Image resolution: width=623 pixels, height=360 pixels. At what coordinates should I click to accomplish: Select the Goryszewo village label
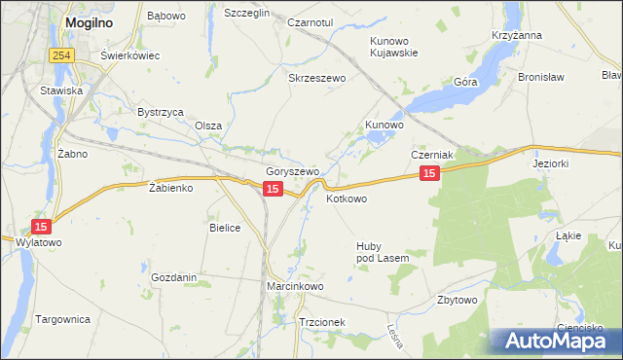tap(293, 171)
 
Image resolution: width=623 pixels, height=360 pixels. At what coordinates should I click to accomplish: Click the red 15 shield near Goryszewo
tap(273, 189)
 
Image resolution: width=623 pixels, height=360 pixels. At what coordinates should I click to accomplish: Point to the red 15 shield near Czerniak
tap(430, 172)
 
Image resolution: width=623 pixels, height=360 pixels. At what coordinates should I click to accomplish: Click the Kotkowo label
tap(347, 198)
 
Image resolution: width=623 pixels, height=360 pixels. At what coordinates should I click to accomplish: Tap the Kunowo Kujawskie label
tap(394, 47)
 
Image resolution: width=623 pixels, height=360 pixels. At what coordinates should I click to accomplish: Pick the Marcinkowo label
tap(295, 287)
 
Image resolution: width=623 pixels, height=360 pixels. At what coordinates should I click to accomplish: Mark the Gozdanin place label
tap(174, 277)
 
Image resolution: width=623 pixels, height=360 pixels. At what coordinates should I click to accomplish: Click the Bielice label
tap(225, 227)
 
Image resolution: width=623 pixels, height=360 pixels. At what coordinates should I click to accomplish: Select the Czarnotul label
tap(311, 21)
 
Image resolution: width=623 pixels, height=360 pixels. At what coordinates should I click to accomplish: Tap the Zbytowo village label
tap(458, 300)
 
